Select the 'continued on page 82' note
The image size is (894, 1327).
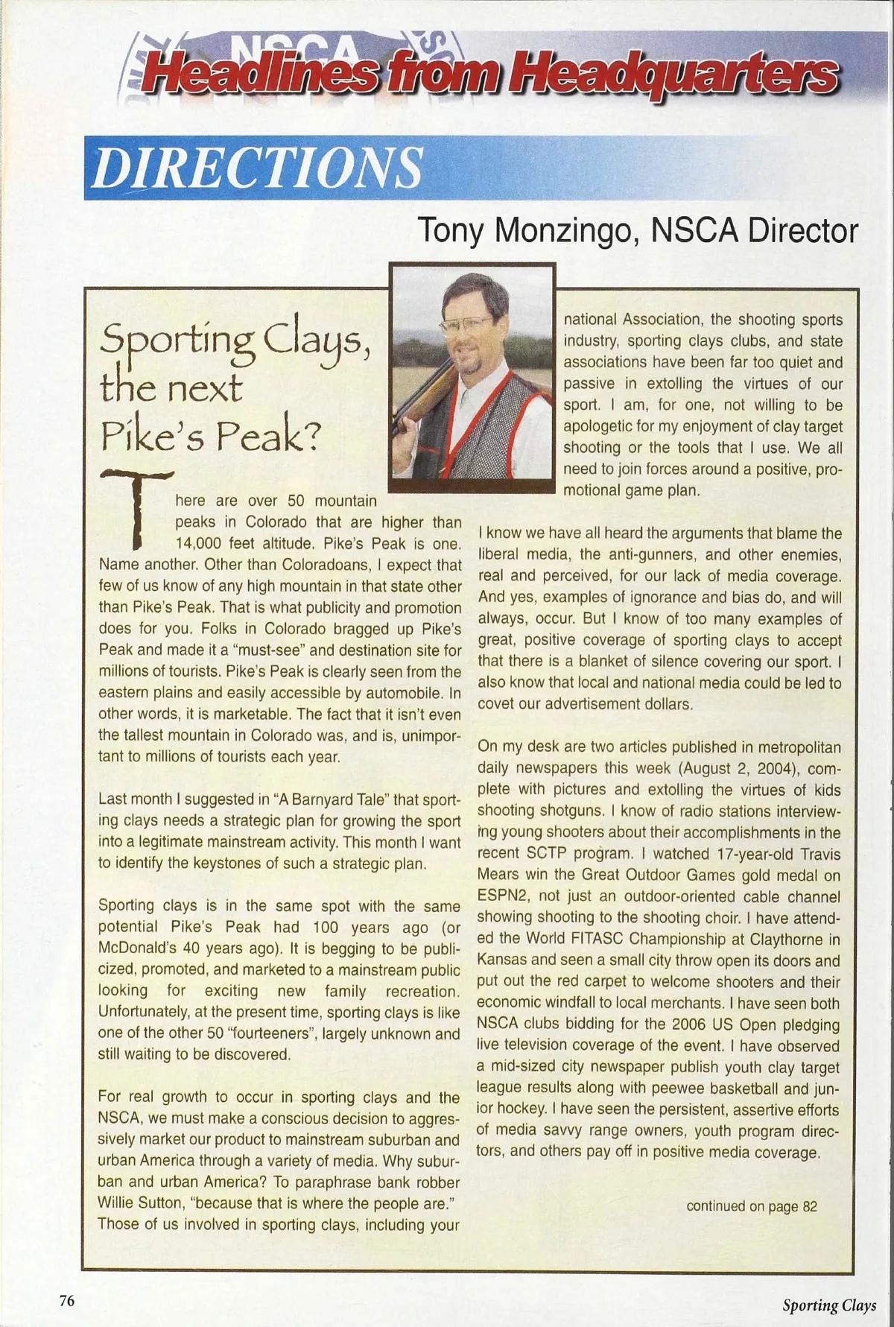click(751, 1206)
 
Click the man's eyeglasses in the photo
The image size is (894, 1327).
click(467, 326)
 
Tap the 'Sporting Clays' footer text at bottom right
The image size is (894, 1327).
click(828, 1304)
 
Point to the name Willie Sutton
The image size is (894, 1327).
click(136, 1203)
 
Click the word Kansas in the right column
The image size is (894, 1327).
click(502, 960)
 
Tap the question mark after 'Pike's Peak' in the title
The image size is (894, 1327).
click(311, 440)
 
